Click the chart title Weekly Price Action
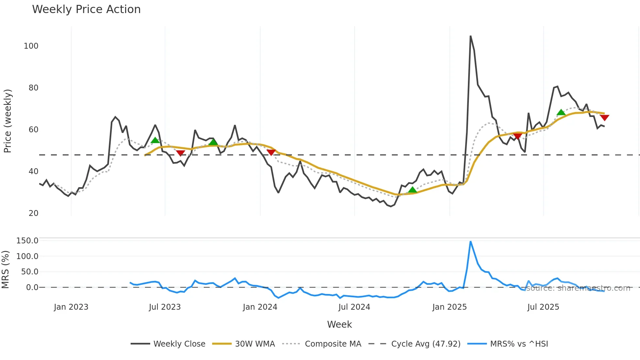[86, 9]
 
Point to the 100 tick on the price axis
[31, 46]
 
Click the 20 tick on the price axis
[33, 213]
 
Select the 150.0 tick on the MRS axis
[27, 241]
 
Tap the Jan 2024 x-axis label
[260, 307]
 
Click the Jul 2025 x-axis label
[543, 307]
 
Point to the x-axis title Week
[339, 324]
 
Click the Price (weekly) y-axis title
[8, 121]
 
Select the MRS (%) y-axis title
[5, 270]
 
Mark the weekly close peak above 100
[471, 36]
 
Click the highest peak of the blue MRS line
[471, 242]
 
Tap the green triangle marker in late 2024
[412, 190]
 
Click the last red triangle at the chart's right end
[604, 118]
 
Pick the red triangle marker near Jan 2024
[271, 152]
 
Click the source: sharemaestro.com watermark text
[578, 288]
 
